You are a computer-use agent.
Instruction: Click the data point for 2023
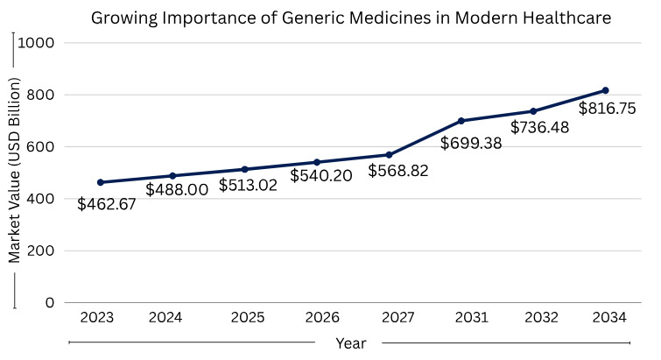(101, 182)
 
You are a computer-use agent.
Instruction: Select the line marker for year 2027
(387, 155)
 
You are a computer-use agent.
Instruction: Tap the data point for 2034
(605, 90)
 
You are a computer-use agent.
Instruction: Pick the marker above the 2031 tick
(461, 120)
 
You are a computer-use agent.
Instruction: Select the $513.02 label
(249, 185)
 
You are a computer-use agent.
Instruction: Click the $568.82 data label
(398, 171)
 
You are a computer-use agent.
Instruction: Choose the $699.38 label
(471, 143)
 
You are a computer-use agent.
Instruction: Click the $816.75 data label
(608, 109)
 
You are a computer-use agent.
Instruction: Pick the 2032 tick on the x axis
(533, 317)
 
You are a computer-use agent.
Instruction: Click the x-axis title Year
(350, 343)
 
